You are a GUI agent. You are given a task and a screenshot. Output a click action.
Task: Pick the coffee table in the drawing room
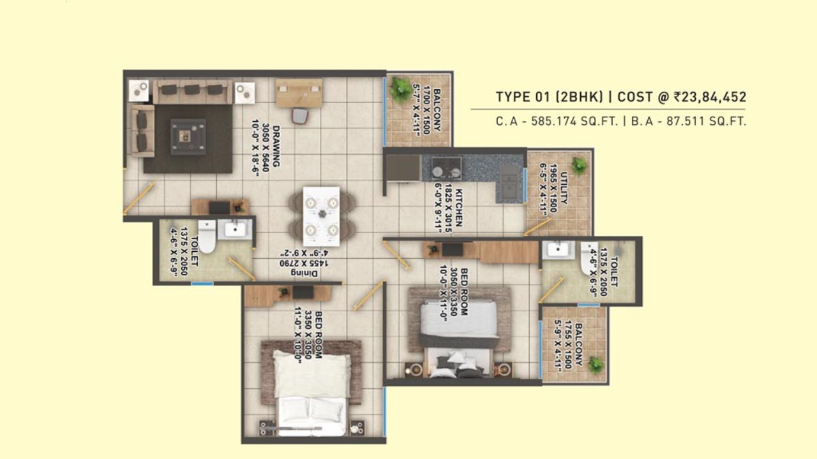pyautogui.click(x=188, y=136)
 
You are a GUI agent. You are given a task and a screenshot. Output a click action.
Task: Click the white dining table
pyautogui.click(x=321, y=211)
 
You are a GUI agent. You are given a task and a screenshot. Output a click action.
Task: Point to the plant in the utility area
pyautogui.click(x=579, y=166)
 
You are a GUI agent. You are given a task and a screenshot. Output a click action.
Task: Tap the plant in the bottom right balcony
pyautogui.click(x=595, y=365)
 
